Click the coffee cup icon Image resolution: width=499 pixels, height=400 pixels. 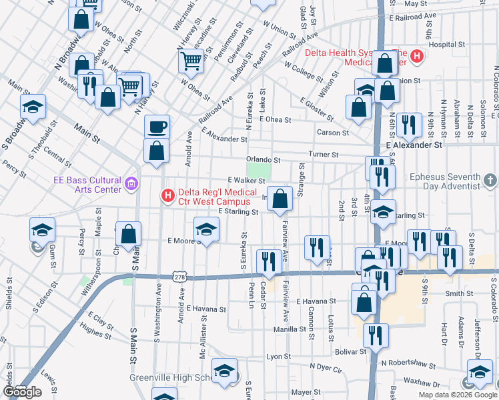[157, 127]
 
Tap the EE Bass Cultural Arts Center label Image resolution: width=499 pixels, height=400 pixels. [87, 185]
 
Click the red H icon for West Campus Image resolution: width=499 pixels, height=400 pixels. [167, 196]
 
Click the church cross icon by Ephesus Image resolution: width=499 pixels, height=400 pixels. [490, 181]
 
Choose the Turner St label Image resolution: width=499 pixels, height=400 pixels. [324, 154]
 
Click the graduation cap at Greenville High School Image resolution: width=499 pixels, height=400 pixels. [224, 371]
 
